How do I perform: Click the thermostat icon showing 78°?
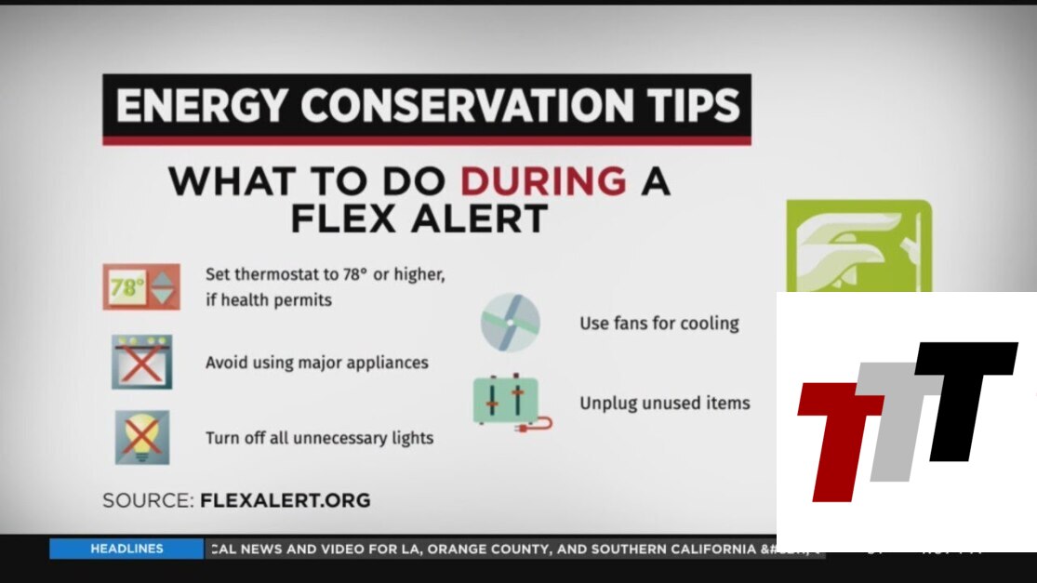point(141,287)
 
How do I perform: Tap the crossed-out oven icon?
point(141,362)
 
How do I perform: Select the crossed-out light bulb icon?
point(142,438)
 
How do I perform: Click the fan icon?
point(510,323)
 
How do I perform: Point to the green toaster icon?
point(512,403)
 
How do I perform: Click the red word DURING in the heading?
point(543,181)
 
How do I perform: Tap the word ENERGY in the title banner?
point(202,106)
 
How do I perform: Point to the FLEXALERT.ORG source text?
point(285,500)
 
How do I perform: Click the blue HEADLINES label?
point(126,549)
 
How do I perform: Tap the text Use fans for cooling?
point(659,324)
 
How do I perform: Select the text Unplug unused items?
point(665,404)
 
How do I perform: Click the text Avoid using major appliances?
point(317,363)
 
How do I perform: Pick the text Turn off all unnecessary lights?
point(319,438)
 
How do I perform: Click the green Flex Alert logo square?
point(859,245)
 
